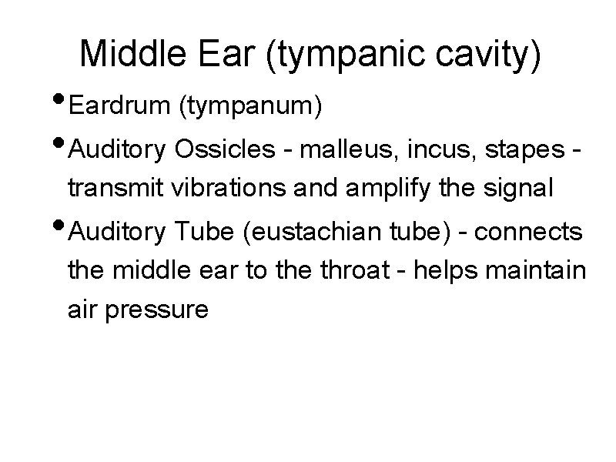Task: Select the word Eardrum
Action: (119, 106)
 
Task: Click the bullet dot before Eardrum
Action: (61, 101)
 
